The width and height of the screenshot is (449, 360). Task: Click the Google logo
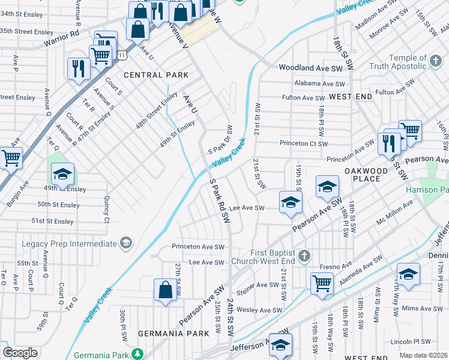tap(20, 353)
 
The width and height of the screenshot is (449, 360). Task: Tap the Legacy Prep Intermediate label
tap(68, 243)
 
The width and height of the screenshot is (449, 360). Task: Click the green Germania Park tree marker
tap(137, 353)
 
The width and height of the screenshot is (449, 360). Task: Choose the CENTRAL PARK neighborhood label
tap(151, 75)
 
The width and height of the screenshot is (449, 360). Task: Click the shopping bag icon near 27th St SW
tap(165, 290)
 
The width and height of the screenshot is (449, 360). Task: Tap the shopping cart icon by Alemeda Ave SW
tap(322, 283)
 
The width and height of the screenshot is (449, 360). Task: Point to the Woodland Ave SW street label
tap(311, 68)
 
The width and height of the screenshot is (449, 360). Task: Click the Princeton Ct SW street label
tap(304, 143)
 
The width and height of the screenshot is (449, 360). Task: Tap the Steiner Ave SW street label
tap(260, 285)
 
